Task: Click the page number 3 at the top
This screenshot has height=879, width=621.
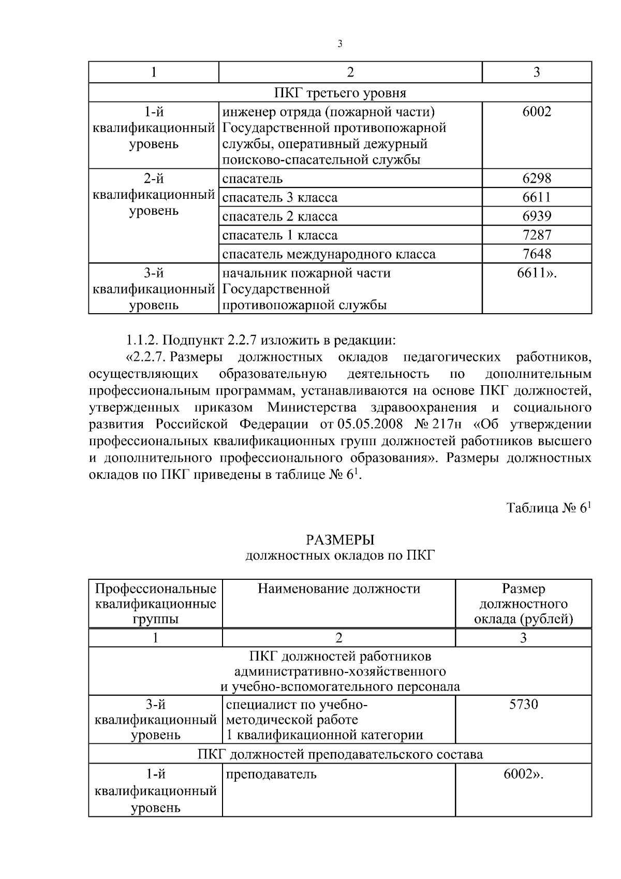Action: pyautogui.click(x=339, y=44)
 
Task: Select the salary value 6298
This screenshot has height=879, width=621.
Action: pyautogui.click(x=537, y=179)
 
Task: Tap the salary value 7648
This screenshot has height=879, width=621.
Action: pyautogui.click(x=537, y=254)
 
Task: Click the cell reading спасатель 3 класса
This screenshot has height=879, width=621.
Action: pyautogui.click(x=280, y=198)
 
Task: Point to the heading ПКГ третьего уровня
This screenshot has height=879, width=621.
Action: pyautogui.click(x=339, y=93)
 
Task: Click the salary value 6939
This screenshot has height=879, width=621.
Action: pyautogui.click(x=537, y=216)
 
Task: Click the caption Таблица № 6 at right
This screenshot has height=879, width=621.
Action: pyautogui.click(x=548, y=508)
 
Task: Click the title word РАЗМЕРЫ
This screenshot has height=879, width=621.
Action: pyautogui.click(x=339, y=540)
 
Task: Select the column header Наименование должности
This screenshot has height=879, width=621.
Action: pyautogui.click(x=339, y=589)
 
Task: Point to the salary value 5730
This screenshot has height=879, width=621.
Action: pyautogui.click(x=524, y=705)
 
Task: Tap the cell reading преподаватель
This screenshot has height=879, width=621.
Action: pyautogui.click(x=271, y=774)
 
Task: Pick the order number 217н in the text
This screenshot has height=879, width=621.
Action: pyautogui.click(x=448, y=424)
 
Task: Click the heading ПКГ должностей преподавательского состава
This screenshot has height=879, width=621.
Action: pyautogui.click(x=340, y=754)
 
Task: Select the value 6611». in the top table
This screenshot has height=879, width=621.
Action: pyautogui.click(x=537, y=273)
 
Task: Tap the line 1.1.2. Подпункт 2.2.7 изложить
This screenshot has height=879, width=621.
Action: pyautogui.click(x=261, y=341)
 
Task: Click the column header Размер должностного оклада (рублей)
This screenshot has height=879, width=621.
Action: pyautogui.click(x=524, y=604)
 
